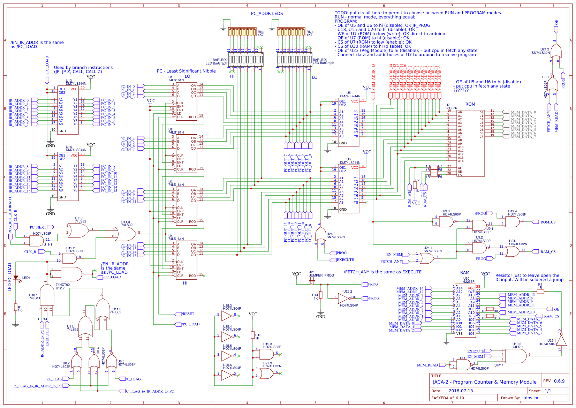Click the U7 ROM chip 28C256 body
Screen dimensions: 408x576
pyautogui.click(x=470, y=143)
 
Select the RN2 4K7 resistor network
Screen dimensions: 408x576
pyautogui.click(x=242, y=32)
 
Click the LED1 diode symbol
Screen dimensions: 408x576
pyautogui.click(x=16, y=278)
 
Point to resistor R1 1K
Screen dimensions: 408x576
pyautogui.click(x=15, y=307)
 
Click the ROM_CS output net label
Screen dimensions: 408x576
pyautogui.click(x=548, y=222)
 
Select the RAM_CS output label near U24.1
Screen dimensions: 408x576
pyautogui.click(x=548, y=251)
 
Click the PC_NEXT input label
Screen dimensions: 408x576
pyautogui.click(x=38, y=227)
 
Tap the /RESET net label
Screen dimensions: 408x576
pyautogui.click(x=188, y=314)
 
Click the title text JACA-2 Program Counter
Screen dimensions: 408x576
pyautogui.click(x=484, y=382)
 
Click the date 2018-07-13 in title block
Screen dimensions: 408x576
pyautogui.click(x=461, y=391)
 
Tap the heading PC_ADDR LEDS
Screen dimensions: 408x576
pyautogui.click(x=267, y=14)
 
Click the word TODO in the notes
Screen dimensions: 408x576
pyautogui.click(x=341, y=13)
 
